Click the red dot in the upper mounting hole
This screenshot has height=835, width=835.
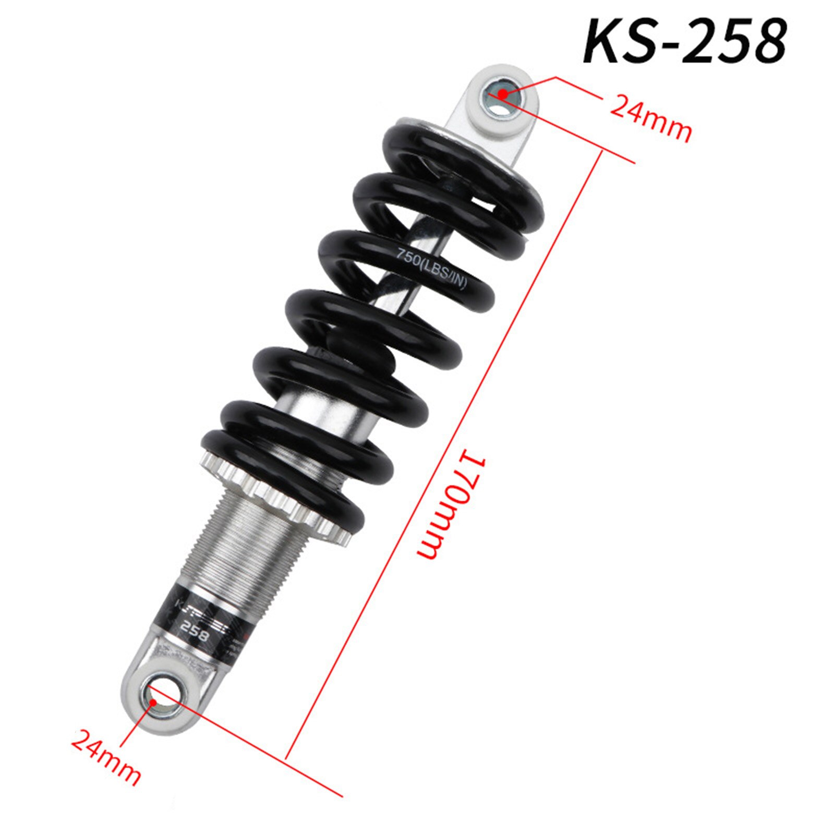point(502,94)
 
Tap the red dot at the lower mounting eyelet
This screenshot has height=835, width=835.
point(153,701)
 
